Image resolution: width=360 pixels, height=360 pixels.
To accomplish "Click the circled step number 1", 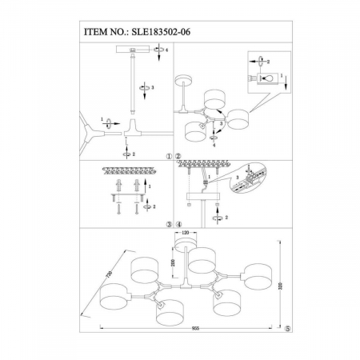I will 169,158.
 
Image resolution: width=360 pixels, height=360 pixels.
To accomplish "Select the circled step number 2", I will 178,158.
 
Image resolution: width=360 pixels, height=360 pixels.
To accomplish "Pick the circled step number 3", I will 169,224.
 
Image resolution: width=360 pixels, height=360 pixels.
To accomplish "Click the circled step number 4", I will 178,224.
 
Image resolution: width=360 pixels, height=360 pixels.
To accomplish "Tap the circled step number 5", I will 288,328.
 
